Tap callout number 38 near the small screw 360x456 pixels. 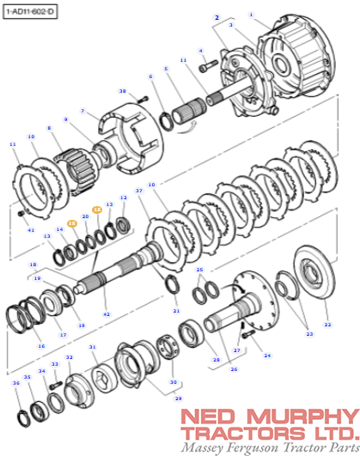point(122,92)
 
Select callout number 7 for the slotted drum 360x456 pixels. point(82,111)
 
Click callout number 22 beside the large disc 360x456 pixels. point(326,325)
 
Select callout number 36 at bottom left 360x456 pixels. point(15,383)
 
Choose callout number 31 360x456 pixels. point(93,348)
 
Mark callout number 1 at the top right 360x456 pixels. point(252,15)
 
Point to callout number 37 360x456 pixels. point(137,191)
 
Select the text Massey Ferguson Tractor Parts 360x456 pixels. point(269,448)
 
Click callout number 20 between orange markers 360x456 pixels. point(85,217)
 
